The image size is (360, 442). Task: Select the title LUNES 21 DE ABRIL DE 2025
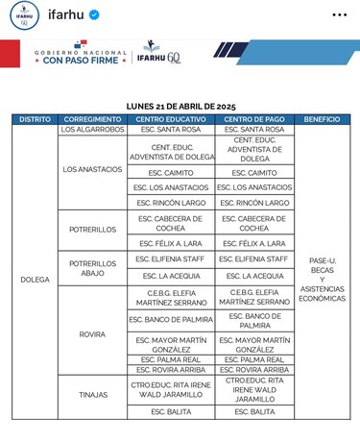coord(180,106)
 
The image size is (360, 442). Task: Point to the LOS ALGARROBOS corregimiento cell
coord(92,129)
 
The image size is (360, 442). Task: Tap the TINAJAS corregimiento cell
coord(92,394)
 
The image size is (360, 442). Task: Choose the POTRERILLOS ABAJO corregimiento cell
coord(92,266)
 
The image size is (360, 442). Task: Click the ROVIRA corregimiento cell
coord(92,333)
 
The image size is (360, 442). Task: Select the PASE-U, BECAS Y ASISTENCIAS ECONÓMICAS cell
coord(321,280)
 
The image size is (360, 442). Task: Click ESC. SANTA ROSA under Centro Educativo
coord(170,129)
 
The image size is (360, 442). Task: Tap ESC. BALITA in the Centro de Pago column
coord(253,411)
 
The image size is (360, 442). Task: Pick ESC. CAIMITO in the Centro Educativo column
coord(170,173)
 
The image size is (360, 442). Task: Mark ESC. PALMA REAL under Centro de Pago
coord(253,359)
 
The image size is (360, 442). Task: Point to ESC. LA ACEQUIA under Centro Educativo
coord(170,275)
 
